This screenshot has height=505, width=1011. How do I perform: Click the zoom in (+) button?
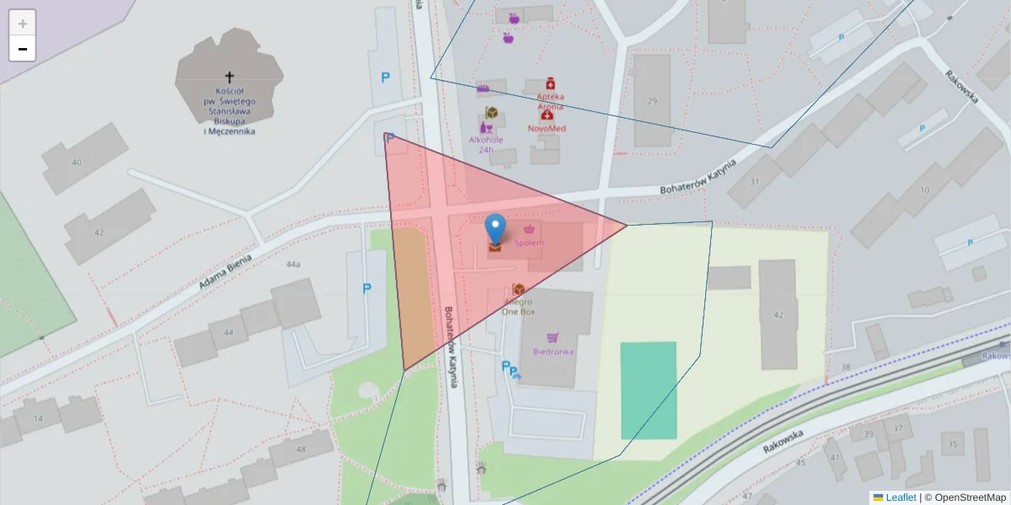point(23,24)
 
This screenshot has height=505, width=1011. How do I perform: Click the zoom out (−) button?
point(23,49)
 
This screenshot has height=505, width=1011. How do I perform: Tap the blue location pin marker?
point(496,228)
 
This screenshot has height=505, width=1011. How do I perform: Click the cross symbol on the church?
point(229,77)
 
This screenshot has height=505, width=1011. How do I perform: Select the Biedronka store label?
point(553,351)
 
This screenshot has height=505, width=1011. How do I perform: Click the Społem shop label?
point(529,242)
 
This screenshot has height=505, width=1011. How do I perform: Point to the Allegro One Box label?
point(518,306)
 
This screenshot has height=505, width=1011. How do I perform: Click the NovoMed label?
point(547,128)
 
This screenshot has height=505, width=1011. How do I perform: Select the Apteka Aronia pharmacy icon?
point(550,82)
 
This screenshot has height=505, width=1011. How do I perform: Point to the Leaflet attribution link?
point(901,497)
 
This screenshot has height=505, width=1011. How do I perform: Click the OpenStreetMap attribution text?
point(970,497)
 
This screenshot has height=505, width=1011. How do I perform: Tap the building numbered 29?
point(651,101)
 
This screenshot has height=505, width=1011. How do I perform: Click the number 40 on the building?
point(77,162)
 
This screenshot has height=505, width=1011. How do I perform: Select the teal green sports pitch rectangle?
point(649,390)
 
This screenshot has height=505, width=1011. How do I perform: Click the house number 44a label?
point(292,264)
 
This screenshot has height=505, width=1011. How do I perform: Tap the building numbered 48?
point(301,449)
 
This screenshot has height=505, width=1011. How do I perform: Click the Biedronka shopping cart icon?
point(553,337)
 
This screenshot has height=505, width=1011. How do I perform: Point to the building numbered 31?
point(754,182)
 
